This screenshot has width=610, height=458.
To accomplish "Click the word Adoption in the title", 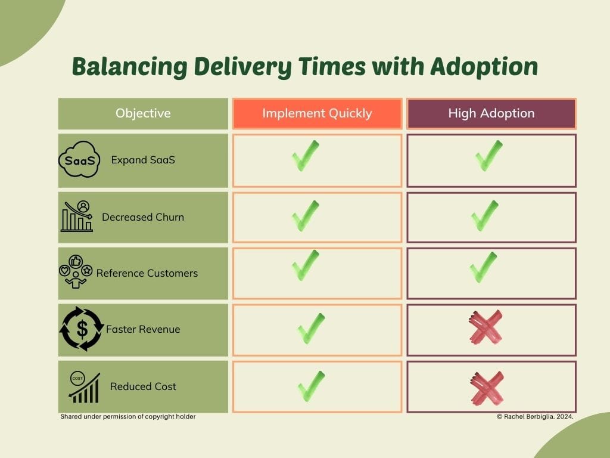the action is click(484, 67).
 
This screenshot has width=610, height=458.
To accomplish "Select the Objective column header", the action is click(143, 113).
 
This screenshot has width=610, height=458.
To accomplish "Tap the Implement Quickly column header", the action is click(317, 113).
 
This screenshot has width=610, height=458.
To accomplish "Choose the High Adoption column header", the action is click(491, 113).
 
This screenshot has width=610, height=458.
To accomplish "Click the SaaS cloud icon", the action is click(79, 159).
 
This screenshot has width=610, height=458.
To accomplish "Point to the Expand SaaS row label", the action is click(143, 160).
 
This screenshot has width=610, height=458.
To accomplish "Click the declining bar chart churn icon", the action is click(77, 216).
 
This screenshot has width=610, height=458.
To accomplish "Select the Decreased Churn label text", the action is click(143, 217).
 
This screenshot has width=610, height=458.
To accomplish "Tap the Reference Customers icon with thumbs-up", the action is click(76, 271).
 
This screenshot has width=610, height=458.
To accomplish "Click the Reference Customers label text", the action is click(147, 273).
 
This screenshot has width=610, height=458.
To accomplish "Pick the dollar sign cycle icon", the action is click(82, 329).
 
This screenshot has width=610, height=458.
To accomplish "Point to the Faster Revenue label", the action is click(143, 329).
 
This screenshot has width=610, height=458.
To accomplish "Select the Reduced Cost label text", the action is click(143, 386).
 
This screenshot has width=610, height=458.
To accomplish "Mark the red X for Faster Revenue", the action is click(486, 327).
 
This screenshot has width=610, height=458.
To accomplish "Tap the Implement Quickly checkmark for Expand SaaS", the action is click(306, 156).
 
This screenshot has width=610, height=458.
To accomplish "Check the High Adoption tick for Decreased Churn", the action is click(485, 216).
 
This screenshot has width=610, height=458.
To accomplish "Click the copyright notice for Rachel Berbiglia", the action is click(535, 416).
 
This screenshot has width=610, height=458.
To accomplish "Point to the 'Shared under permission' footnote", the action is click(128, 416).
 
